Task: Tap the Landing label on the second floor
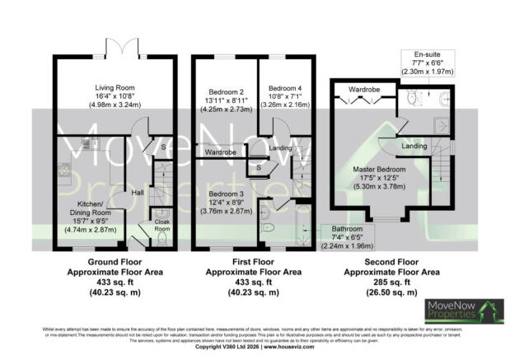pyautogui.click(x=414, y=147)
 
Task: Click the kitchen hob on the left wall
pyautogui.click(x=63, y=171)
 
